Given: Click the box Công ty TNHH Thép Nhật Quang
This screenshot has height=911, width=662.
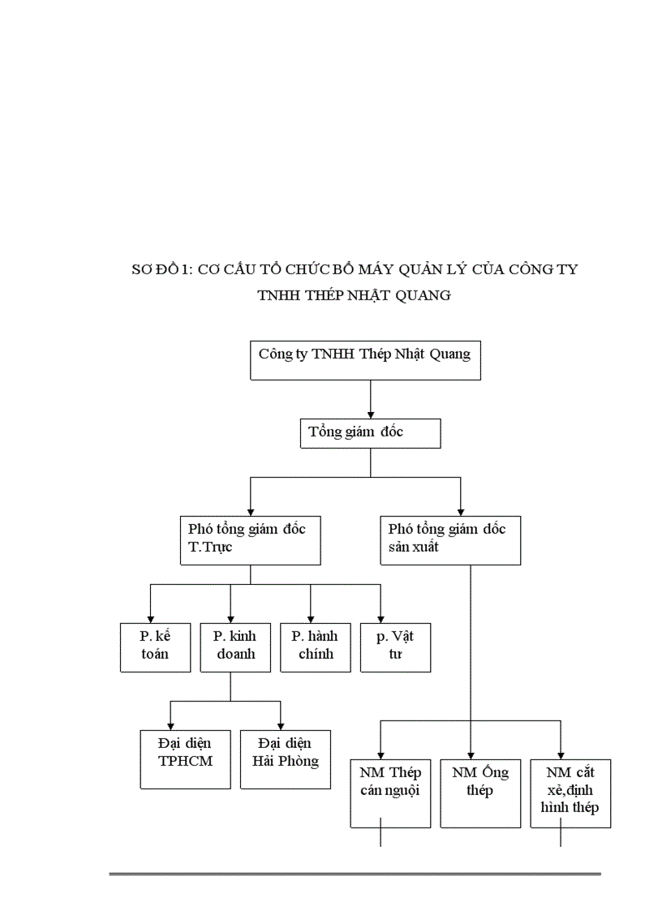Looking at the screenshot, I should click(x=365, y=360).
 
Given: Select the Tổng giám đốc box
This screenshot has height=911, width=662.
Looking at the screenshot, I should click(x=370, y=433).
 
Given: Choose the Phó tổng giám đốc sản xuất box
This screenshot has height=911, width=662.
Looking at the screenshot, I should click(x=449, y=539).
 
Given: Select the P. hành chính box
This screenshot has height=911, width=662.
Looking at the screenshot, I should click(x=316, y=647).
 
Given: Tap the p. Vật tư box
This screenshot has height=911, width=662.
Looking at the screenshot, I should click(x=395, y=647).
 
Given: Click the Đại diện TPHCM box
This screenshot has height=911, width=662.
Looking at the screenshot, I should click(x=186, y=758).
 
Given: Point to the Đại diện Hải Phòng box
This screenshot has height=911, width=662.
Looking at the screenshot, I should click(x=286, y=758).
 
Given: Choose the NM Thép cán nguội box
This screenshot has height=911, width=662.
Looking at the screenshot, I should click(x=389, y=793).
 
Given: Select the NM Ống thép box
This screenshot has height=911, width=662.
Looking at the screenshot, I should click(x=480, y=793).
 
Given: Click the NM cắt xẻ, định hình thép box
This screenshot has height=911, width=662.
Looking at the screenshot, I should click(x=570, y=793).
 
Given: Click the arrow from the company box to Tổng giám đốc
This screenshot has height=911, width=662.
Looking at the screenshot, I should click(x=371, y=399).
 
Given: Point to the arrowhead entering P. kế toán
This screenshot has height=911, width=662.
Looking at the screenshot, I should click(x=150, y=617).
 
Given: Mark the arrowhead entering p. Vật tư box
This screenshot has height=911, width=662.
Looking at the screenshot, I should click(x=380, y=617).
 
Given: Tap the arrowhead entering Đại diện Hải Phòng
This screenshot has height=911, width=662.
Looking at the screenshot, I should click(x=281, y=724).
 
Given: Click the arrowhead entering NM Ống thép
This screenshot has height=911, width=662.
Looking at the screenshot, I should click(x=471, y=754).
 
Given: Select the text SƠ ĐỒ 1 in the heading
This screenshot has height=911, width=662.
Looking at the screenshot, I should click(x=159, y=269).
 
